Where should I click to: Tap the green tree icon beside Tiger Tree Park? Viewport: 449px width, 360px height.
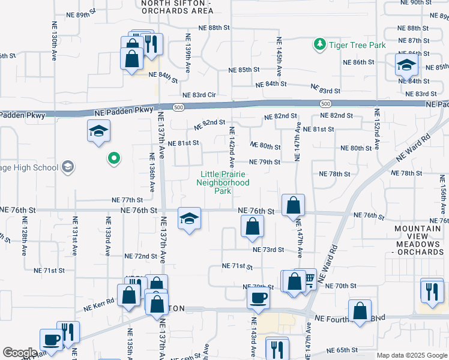[x=319, y=44]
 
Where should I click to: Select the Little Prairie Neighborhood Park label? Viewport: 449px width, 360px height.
[x=223, y=183]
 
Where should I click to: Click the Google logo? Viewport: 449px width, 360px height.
[x=19, y=353]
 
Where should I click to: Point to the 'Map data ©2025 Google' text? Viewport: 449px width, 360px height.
[x=412, y=355]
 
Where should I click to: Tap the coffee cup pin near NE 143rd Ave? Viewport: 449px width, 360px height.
[x=259, y=298]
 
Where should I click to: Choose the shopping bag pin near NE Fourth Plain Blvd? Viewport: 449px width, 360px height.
[x=360, y=311]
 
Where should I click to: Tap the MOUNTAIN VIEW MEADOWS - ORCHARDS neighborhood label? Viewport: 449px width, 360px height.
[x=420, y=240]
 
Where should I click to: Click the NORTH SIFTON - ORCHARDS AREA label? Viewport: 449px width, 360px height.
[x=176, y=7]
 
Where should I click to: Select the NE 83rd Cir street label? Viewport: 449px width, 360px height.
[x=199, y=95]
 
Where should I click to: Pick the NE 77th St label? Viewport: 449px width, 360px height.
[x=127, y=200]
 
